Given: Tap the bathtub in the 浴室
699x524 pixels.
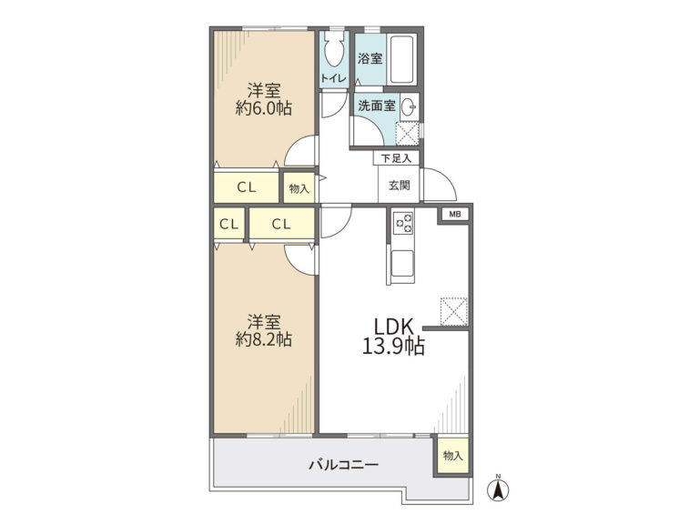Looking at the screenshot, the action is pyautogui.click(x=402, y=60).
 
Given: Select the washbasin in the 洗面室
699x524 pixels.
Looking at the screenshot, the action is pyautogui.click(x=409, y=106).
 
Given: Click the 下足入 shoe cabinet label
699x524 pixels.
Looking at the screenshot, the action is pyautogui.click(x=396, y=158).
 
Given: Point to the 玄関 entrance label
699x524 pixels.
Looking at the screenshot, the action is pyautogui.click(x=399, y=185).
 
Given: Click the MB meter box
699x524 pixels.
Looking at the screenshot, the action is pyautogui.click(x=455, y=215).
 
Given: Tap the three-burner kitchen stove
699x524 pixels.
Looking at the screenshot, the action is pyautogui.click(x=403, y=222).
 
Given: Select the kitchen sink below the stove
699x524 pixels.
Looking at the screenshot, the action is pyautogui.click(x=402, y=264).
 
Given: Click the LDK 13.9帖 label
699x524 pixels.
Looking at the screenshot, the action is pyautogui.click(x=393, y=337).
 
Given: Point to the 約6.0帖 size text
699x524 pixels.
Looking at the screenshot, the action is pyautogui.click(x=263, y=108).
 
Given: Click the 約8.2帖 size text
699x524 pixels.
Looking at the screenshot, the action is pyautogui.click(x=263, y=339).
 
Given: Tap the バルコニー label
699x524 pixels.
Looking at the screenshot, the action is pyautogui.click(x=344, y=465).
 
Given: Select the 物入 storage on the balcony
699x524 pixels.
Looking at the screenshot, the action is pyautogui.click(x=453, y=456).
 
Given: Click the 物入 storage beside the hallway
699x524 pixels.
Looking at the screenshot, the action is pyautogui.click(x=299, y=188).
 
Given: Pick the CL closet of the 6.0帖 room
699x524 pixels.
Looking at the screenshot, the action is pyautogui.click(x=247, y=187).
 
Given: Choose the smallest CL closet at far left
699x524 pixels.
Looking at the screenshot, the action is pyautogui.click(x=229, y=224).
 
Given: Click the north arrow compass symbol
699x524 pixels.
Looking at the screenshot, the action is pyautogui.click(x=499, y=488).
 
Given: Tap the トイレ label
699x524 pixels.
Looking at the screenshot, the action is pyautogui.click(x=333, y=78).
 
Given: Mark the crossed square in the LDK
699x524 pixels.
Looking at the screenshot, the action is pyautogui.click(x=454, y=311).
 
